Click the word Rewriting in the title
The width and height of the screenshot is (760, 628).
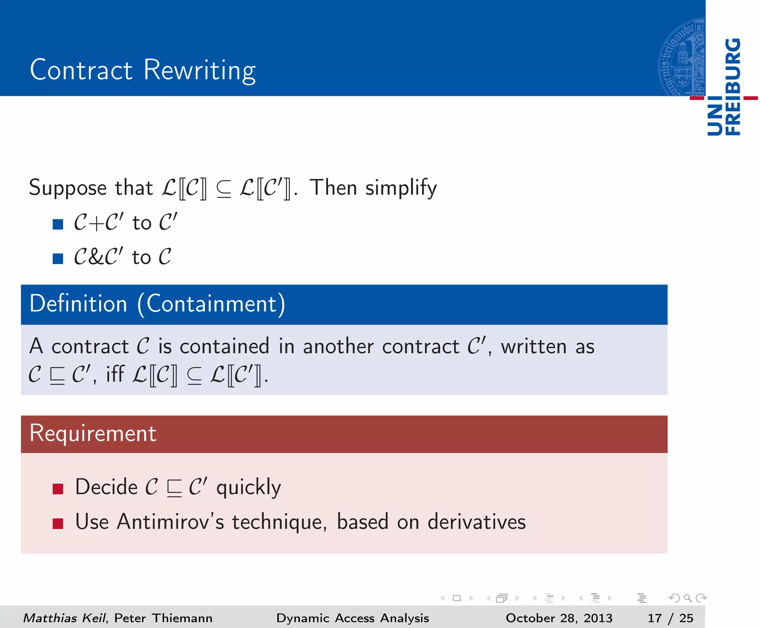click(x=199, y=70)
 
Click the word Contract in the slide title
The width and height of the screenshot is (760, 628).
click(x=81, y=70)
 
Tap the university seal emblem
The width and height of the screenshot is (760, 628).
click(x=682, y=58)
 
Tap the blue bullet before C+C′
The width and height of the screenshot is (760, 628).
click(x=58, y=224)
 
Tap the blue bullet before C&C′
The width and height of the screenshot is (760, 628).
click(x=58, y=258)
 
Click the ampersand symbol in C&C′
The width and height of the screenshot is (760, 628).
click(x=97, y=257)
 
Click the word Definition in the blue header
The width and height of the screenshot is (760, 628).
click(x=78, y=304)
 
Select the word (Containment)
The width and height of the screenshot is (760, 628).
click(x=211, y=304)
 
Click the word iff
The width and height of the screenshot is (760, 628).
click(x=115, y=374)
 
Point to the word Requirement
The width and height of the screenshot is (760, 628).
click(x=93, y=433)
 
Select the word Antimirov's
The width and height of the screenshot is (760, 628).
click(x=170, y=522)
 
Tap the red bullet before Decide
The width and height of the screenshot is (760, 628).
click(x=58, y=489)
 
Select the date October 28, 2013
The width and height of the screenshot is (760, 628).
click(x=559, y=618)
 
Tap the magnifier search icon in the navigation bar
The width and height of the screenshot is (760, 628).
click(x=688, y=598)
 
